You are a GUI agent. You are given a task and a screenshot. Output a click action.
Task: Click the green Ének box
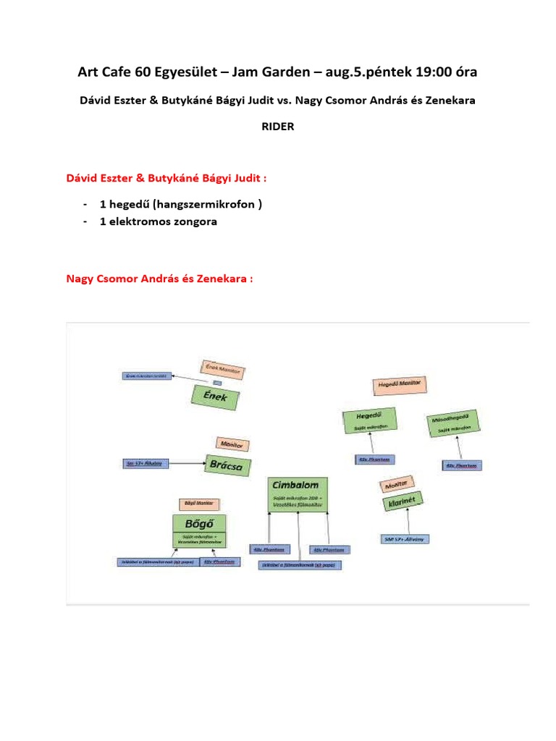pos(216,398)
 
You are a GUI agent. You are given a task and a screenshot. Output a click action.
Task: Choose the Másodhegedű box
pos(452,424)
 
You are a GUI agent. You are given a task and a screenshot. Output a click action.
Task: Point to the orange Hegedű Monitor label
pos(399,385)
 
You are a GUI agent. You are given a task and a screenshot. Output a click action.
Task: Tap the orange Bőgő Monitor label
pos(200,504)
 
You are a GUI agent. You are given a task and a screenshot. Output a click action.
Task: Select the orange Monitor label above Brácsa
pos(232,444)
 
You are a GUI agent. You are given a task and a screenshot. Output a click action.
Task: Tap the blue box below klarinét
pos(405,538)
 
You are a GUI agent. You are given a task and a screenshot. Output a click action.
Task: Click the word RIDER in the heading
pos(277,126)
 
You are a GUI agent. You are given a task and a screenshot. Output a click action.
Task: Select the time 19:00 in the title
pos(433,72)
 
